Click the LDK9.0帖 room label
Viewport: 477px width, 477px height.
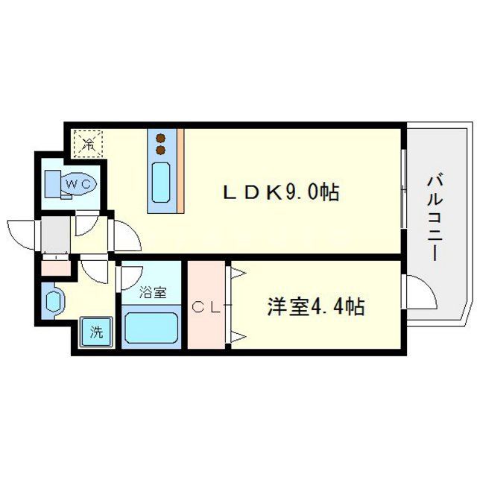pos(282,193)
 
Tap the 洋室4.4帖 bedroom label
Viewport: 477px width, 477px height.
pos(316,306)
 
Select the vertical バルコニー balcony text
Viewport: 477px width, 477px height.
pos(433,216)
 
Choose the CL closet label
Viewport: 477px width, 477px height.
pos(204,306)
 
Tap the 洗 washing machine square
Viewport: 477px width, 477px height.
pos(97,332)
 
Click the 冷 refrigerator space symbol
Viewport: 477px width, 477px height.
pos(89,143)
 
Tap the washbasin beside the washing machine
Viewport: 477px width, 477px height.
pos(54,302)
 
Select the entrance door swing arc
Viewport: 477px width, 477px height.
pos(20,231)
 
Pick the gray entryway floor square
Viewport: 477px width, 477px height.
pos(54,235)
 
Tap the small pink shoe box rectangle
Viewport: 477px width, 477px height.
pos(54,266)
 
